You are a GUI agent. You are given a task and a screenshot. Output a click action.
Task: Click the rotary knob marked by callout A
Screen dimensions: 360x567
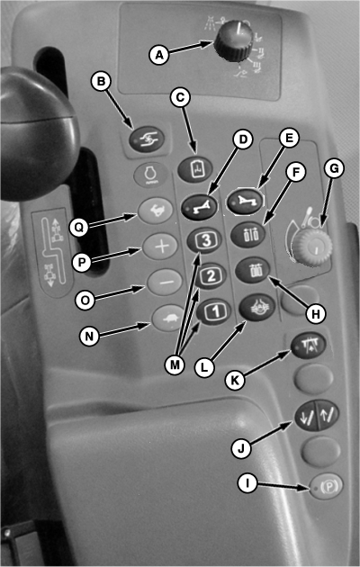[x=233, y=40]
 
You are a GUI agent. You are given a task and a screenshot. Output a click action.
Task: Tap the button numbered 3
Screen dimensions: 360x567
[x=204, y=240]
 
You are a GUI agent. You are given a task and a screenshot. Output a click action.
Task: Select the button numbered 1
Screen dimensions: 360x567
[x=214, y=311]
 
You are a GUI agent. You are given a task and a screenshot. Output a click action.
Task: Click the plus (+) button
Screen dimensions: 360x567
[x=160, y=247]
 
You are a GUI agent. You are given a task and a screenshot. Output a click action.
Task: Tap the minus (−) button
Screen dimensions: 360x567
[x=165, y=283]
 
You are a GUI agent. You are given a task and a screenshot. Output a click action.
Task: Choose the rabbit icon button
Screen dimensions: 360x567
[x=156, y=211]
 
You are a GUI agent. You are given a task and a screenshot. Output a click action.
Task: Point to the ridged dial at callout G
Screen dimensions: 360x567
[x=311, y=247]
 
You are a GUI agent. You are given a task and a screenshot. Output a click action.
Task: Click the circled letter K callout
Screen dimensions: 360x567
[x=235, y=380]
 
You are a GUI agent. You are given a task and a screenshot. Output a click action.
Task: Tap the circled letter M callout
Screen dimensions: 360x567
[x=175, y=364]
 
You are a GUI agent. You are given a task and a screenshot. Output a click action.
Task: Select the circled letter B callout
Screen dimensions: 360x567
[x=101, y=81]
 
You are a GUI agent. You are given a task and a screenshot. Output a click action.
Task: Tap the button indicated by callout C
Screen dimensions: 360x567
[x=195, y=169]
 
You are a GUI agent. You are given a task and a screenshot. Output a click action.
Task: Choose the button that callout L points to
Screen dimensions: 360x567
[x=257, y=308]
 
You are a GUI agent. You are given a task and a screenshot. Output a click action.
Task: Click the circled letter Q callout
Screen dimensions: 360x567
[x=79, y=227]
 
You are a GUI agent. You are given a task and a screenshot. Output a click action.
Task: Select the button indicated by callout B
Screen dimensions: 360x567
[x=147, y=139]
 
